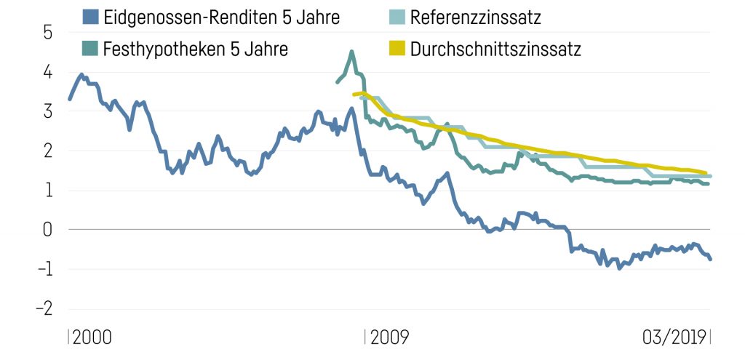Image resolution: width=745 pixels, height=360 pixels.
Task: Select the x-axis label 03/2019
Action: [674, 337]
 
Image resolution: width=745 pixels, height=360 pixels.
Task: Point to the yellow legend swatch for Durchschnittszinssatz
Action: [397, 49]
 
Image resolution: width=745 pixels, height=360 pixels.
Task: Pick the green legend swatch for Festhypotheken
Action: [90, 49]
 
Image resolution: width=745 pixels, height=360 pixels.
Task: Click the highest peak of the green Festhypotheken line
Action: [352, 52]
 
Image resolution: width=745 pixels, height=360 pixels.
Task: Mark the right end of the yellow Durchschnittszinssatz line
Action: [705, 173]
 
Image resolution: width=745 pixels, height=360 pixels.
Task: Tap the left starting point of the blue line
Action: [70, 99]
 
